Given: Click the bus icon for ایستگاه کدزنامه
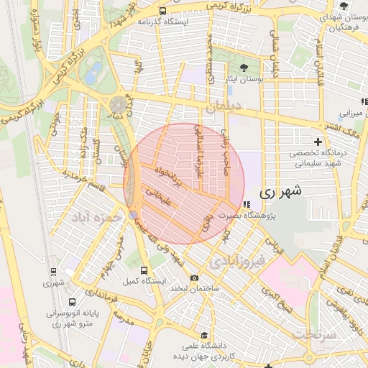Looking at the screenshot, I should [x=163, y=11].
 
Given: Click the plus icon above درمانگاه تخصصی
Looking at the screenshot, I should [x=318, y=142].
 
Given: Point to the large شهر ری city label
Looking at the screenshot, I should [x=277, y=193].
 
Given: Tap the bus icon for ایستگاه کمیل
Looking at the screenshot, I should [x=144, y=270].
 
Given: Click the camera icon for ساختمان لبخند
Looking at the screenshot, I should [x=194, y=278].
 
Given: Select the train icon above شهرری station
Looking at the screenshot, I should [x=53, y=272].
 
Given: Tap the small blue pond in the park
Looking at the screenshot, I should [x=93, y=72].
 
